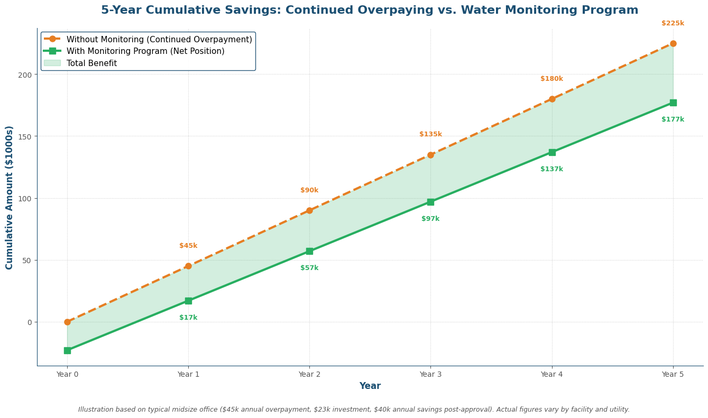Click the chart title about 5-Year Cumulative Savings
(x=370, y=11)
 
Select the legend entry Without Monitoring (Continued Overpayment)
(x=159, y=40)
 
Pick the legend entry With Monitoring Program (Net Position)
(x=145, y=51)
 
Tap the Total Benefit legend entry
(x=91, y=63)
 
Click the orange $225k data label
(x=673, y=23)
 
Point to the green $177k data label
(x=673, y=119)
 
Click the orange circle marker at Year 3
(x=430, y=155)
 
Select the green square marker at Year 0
(x=67, y=350)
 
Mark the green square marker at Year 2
(x=309, y=251)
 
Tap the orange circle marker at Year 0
(x=67, y=322)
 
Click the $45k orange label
(x=188, y=246)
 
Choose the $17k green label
(x=188, y=318)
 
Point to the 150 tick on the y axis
(x=24, y=136)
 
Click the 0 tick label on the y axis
(x=30, y=322)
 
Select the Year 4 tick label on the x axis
(x=551, y=374)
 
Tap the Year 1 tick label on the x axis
(x=188, y=374)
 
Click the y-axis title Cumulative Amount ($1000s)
(x=10, y=197)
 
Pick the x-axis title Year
(x=370, y=386)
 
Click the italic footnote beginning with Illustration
(x=354, y=410)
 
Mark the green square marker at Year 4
(x=551, y=152)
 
